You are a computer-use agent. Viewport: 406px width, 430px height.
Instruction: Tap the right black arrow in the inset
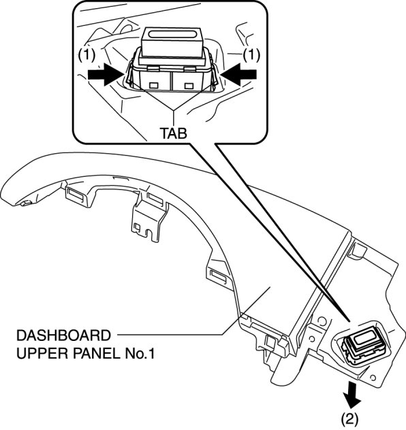coord(238,74)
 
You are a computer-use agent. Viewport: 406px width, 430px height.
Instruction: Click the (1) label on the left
coord(87,55)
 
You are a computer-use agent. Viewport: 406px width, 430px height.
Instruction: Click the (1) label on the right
coord(251,55)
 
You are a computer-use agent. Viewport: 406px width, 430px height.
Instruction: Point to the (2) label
coord(349,419)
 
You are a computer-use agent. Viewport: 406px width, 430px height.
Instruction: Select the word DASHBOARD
coord(63,335)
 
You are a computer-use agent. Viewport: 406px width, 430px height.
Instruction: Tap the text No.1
coord(140,354)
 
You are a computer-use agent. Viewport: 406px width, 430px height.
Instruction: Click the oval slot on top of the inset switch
coord(172,34)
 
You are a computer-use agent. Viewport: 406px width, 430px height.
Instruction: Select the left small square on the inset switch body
coord(153,85)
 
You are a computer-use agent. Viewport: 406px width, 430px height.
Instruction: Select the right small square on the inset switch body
coord(189,86)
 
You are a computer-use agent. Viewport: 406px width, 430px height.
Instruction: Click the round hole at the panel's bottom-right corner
coord(373,378)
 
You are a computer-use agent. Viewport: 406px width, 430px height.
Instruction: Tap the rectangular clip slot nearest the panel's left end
coord(76,195)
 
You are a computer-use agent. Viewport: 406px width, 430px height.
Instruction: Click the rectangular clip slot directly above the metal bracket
coord(155,198)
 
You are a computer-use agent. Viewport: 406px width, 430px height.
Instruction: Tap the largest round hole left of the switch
coord(322,320)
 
